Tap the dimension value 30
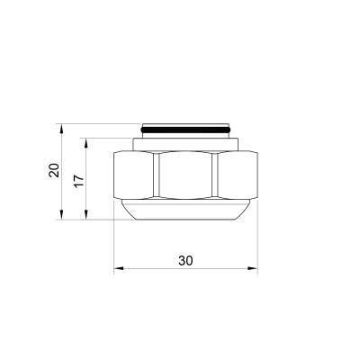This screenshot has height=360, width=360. pos(185,260)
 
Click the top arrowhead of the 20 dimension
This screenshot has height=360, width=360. pos(62,125)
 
